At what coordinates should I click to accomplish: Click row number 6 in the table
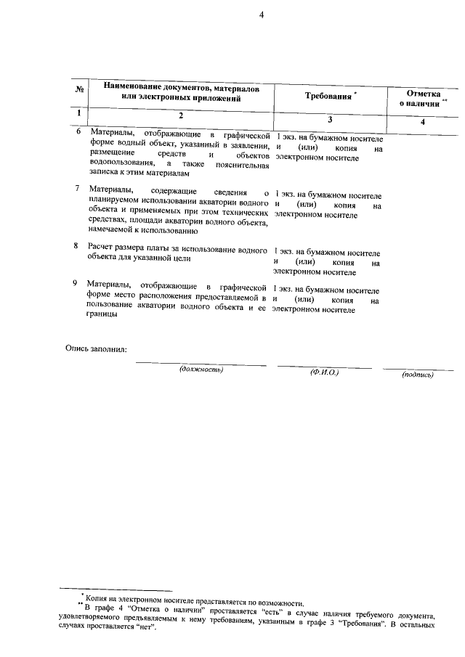click(x=78, y=132)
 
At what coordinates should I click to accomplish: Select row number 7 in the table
click(x=78, y=189)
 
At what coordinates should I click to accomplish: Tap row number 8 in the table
click(x=76, y=246)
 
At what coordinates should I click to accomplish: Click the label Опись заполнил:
click(x=96, y=348)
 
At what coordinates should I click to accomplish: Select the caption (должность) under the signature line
click(x=201, y=370)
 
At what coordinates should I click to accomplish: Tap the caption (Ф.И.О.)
click(x=324, y=372)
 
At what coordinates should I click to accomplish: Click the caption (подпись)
click(x=417, y=375)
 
